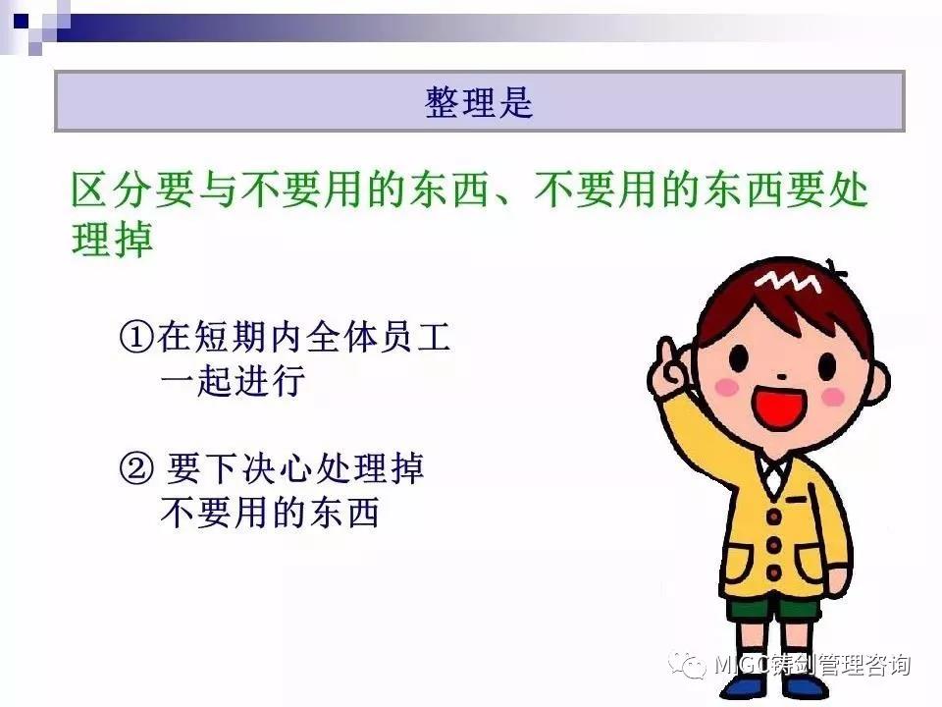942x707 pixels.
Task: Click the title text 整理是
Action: [x=479, y=101]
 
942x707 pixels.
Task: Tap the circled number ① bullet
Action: [x=137, y=337]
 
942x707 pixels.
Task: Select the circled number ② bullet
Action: [x=137, y=468]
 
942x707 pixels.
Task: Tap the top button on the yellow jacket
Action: [x=774, y=517]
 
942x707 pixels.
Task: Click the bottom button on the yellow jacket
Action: [x=774, y=572]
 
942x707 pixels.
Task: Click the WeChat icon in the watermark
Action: [x=688, y=665]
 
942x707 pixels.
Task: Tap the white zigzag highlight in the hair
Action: [x=788, y=281]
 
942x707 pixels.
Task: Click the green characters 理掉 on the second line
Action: [x=112, y=240]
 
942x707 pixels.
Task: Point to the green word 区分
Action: [x=112, y=190]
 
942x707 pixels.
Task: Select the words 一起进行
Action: [x=234, y=381]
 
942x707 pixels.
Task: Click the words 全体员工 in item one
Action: [x=379, y=337]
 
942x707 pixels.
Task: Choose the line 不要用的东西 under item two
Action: [x=270, y=513]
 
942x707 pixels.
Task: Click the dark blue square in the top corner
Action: [x=21, y=22]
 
